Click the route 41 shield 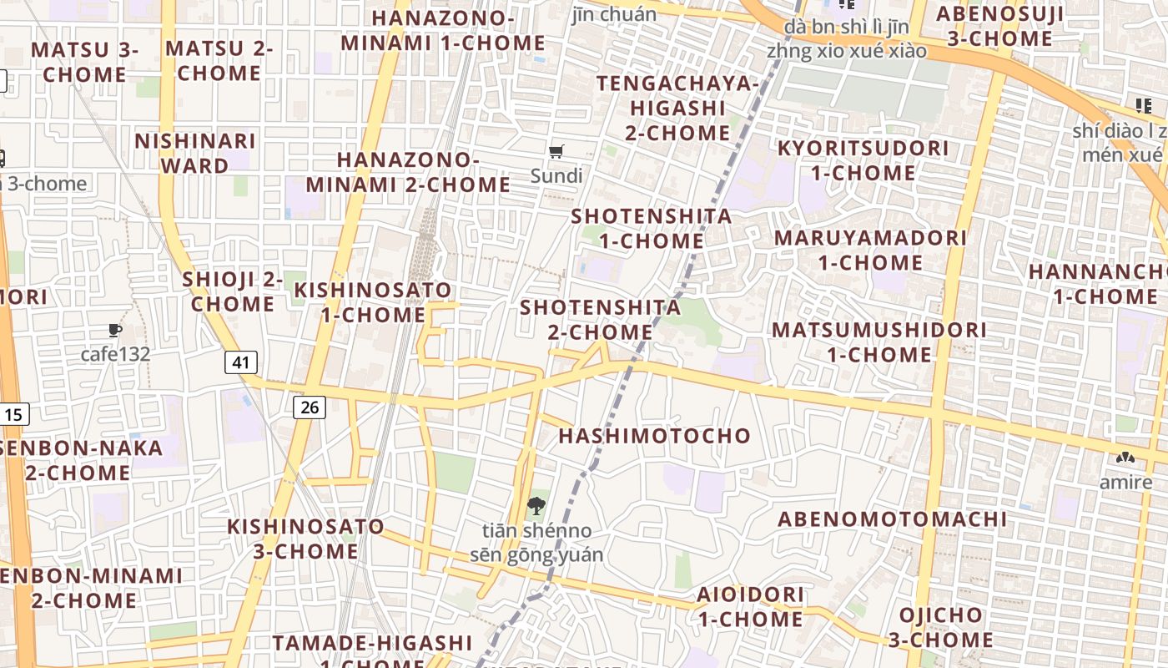[241, 362]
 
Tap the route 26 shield [310, 407]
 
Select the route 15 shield [14, 413]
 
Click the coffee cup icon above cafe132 [115, 331]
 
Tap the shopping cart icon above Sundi [556, 152]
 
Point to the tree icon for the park [536, 505]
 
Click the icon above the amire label [1125, 458]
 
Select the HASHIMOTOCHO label [654, 436]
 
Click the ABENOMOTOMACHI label [893, 519]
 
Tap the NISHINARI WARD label [195, 153]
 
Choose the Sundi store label [556, 175]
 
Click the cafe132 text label [115, 354]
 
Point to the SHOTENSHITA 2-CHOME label [601, 319]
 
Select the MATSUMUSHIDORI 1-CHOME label [879, 342]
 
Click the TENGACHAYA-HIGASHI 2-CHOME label [677, 109]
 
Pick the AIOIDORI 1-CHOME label [751, 607]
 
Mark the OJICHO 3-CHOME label [940, 628]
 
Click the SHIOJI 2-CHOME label [233, 291]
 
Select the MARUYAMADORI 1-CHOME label [870, 250]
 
